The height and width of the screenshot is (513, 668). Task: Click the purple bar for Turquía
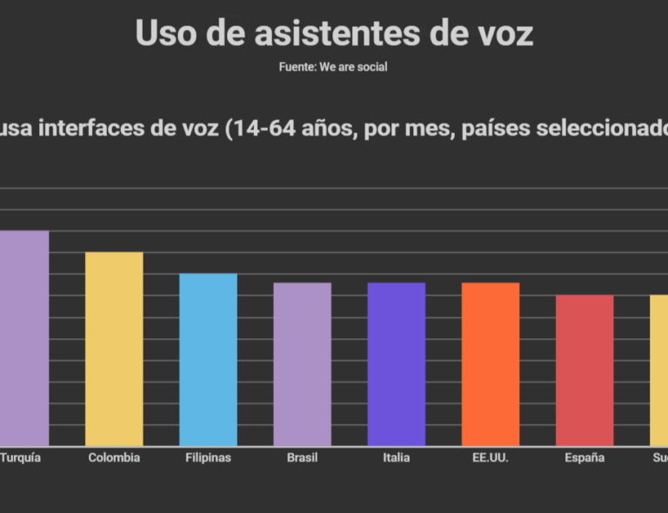tap(23, 338)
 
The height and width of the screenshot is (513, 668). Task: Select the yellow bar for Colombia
tap(114, 349)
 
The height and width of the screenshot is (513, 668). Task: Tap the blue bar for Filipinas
tap(208, 360)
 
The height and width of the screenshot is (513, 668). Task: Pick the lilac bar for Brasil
tap(302, 364)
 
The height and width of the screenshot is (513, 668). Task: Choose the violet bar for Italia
tap(396, 364)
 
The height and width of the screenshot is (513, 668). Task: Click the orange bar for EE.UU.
tap(490, 364)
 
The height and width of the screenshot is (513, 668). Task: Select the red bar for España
tap(584, 370)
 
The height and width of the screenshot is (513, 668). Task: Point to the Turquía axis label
tap(19, 457)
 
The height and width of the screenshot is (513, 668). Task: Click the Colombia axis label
tap(114, 457)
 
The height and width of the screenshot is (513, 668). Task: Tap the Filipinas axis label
tap(208, 457)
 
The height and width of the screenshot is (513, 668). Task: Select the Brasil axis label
tap(302, 457)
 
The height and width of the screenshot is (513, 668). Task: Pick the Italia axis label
tap(396, 457)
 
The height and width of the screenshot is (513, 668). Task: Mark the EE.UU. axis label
tap(490, 457)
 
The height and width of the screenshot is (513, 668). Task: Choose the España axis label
tap(584, 457)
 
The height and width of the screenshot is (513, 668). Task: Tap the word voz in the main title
tap(498, 33)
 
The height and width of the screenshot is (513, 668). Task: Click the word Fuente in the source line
tap(297, 67)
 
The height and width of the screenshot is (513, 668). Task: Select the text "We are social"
tap(353, 67)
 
